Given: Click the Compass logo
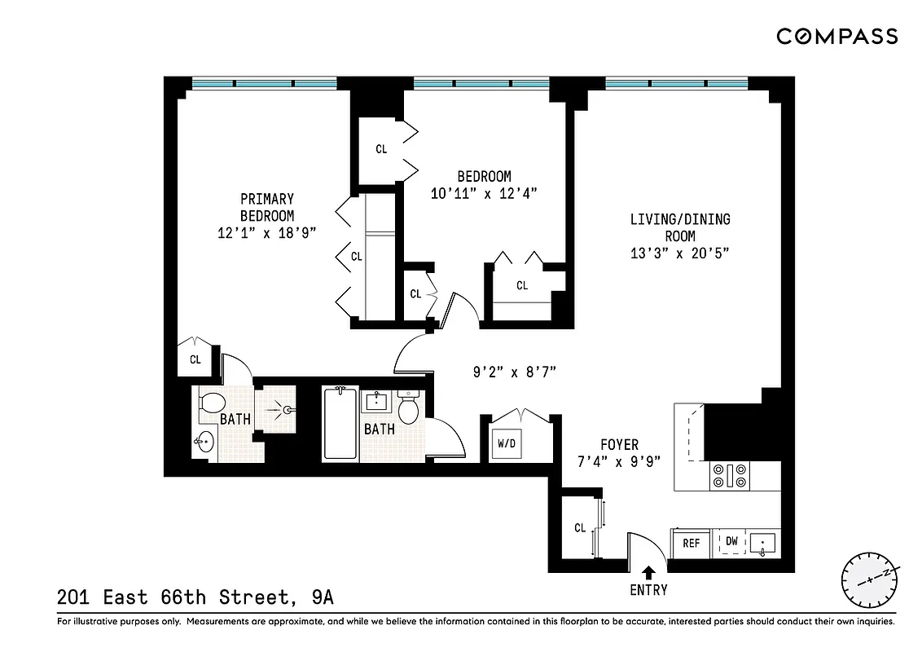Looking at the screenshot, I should (x=836, y=36).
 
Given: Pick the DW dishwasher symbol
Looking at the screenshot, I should (x=731, y=542).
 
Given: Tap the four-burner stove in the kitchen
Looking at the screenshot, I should (x=730, y=475).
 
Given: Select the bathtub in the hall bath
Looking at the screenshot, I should (x=340, y=425).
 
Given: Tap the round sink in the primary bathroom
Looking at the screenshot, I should (x=204, y=443).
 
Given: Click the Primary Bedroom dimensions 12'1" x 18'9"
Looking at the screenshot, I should (x=266, y=232).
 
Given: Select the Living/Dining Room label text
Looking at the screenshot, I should (x=679, y=227).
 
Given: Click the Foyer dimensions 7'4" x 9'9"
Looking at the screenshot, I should (x=619, y=460).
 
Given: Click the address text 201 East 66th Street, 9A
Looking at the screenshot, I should (x=195, y=597).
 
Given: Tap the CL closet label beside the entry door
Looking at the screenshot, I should (x=580, y=528).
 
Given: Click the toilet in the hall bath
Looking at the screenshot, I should (x=408, y=407).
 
